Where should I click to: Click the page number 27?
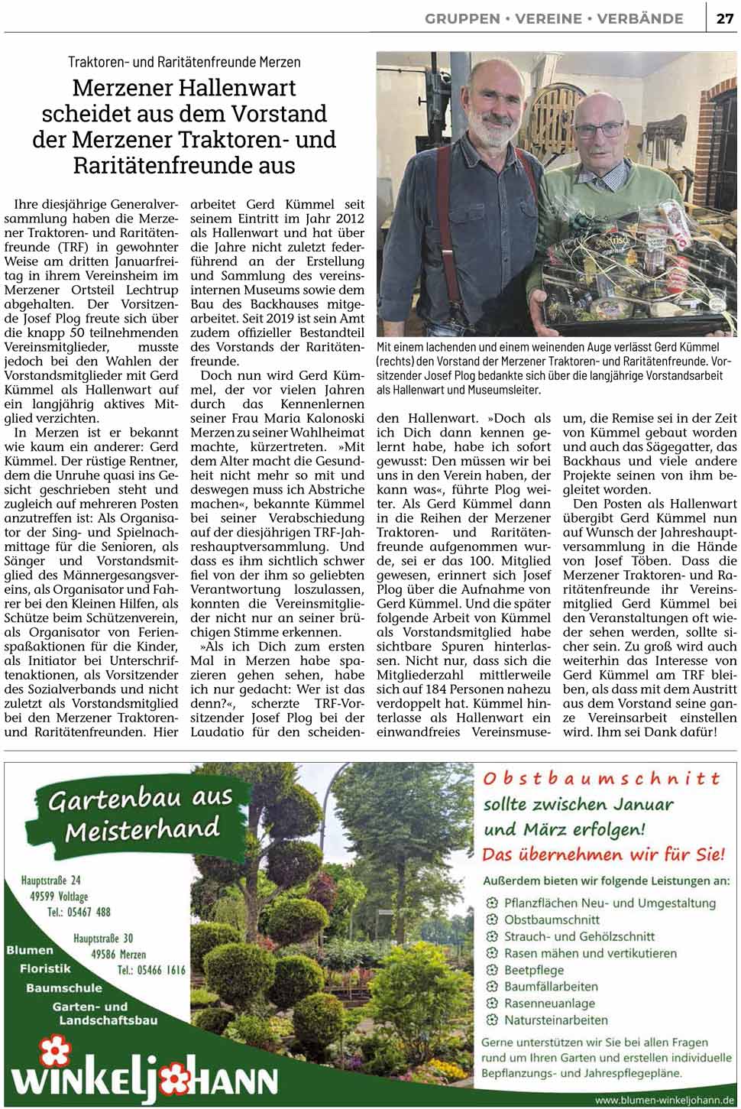[x=724, y=18]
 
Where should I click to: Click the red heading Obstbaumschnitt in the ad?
[x=601, y=779]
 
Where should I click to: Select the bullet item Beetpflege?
[x=533, y=970]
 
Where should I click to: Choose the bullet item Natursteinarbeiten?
[x=555, y=1020]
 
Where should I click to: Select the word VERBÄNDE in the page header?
[x=640, y=18]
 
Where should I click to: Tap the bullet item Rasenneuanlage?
[x=548, y=1003]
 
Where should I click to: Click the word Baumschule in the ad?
[x=63, y=988]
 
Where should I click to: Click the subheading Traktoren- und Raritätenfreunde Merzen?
[x=184, y=62]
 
